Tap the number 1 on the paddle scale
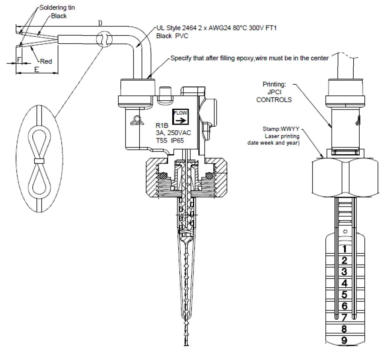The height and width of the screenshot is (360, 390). (344, 249)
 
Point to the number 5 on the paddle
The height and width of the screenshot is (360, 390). (344, 295)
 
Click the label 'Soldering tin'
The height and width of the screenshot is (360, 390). (58, 8)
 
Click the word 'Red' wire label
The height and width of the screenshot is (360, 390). (46, 62)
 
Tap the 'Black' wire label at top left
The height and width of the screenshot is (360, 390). (59, 16)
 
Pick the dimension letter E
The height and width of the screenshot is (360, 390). (36, 69)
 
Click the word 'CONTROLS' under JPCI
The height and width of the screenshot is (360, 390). (274, 100)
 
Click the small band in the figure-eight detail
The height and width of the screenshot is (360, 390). (38, 161)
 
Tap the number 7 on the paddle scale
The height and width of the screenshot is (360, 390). (344, 318)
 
